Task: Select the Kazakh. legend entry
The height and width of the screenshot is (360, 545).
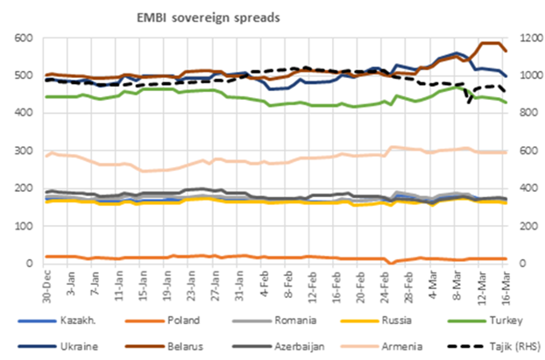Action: pyautogui.click(x=75, y=321)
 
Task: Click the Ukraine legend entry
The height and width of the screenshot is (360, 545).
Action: pyautogui.click(x=75, y=345)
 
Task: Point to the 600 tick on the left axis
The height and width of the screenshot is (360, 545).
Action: pyautogui.click(x=24, y=38)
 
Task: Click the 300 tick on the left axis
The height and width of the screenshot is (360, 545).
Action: pyautogui.click(x=24, y=151)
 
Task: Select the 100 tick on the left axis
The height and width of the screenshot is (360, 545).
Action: pyautogui.click(x=24, y=226)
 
